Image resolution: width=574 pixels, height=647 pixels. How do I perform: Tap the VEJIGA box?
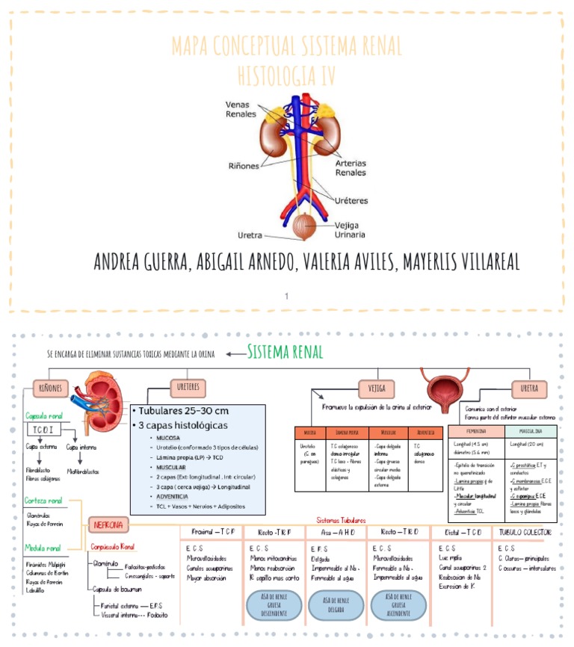(377, 388)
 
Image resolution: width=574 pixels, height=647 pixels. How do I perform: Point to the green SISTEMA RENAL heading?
(285, 352)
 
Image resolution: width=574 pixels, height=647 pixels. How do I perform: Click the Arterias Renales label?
(351, 167)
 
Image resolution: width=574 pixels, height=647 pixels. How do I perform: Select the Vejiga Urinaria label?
(351, 229)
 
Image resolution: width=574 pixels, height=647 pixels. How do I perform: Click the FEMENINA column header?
(476, 432)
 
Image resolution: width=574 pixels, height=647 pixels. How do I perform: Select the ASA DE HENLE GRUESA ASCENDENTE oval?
(398, 605)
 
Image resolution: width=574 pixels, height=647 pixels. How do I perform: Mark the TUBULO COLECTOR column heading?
(525, 532)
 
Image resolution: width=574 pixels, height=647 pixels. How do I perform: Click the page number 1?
(286, 296)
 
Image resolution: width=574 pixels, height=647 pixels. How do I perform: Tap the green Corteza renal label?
(43, 501)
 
